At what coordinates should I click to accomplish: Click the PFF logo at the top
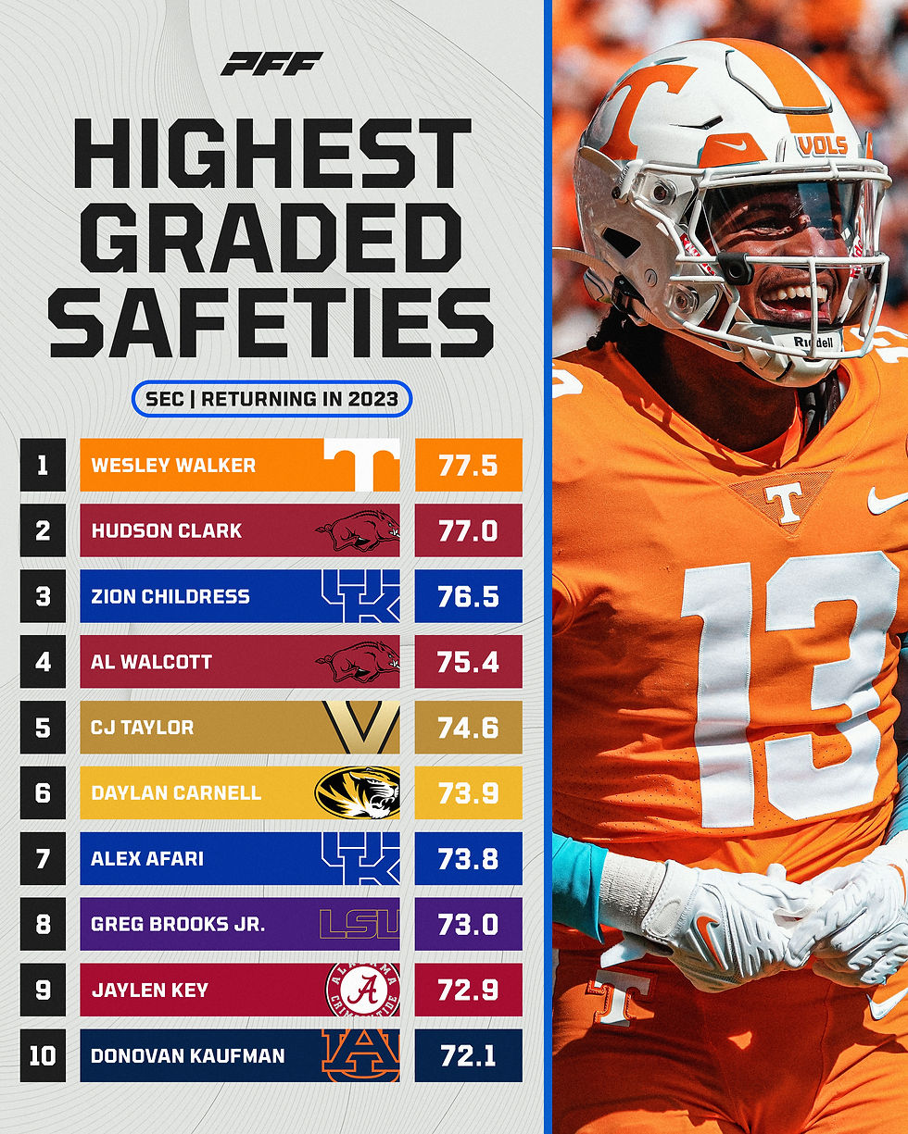click(271, 64)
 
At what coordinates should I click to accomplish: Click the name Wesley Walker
click(173, 465)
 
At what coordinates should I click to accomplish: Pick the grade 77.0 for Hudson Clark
click(468, 530)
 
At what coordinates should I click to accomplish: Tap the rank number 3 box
click(43, 596)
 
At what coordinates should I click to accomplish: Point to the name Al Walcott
click(151, 662)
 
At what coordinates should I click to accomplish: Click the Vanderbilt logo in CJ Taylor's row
click(361, 728)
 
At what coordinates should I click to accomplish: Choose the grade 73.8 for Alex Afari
click(468, 858)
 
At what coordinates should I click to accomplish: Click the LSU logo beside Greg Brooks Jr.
click(359, 924)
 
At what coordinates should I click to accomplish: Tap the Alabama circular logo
click(361, 990)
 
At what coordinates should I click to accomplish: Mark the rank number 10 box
click(43, 1055)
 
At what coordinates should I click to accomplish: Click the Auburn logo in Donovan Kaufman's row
click(361, 1055)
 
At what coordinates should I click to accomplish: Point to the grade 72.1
click(468, 1055)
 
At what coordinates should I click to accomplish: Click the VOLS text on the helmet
click(822, 145)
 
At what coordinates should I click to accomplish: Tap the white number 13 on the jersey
click(788, 685)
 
